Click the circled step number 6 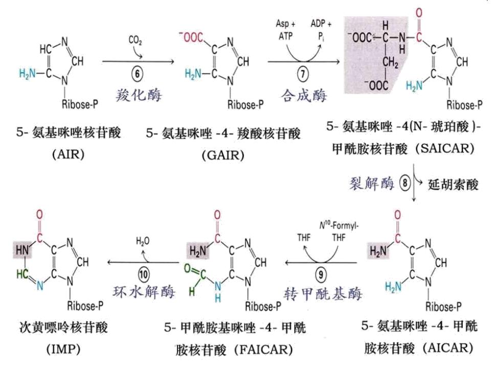point(138,74)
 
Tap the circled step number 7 point(303,74)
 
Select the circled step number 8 point(405,183)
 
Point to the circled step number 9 point(321,275)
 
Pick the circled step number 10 point(144,275)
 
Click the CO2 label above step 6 point(135,40)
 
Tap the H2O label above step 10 point(143,241)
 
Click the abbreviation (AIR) point(69,154)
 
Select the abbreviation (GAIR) point(223,156)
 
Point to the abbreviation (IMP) point(63,349)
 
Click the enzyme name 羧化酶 point(139,95)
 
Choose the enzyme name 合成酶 point(304,95)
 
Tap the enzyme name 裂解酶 point(372,183)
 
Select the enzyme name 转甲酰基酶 point(323,294)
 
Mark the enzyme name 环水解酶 point(144,292)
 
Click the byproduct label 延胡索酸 point(453,185)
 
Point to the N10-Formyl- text point(339,226)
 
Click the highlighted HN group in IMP point(22,250)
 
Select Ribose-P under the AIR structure point(80,104)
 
